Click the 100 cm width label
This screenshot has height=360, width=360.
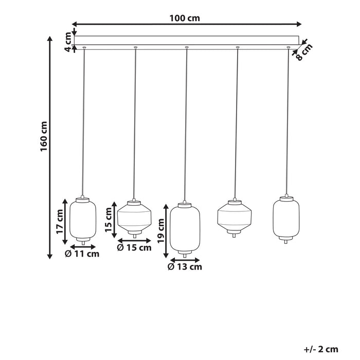[185, 18]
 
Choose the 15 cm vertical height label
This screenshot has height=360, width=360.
[108, 220]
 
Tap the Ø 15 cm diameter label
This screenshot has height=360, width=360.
[134, 248]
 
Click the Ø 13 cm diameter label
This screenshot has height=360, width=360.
[185, 266]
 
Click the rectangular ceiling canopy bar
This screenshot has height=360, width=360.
[186, 40]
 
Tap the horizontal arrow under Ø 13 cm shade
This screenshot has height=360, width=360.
[185, 259]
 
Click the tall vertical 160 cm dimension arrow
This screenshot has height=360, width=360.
[50, 147]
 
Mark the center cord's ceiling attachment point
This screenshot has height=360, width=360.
[186, 48]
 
